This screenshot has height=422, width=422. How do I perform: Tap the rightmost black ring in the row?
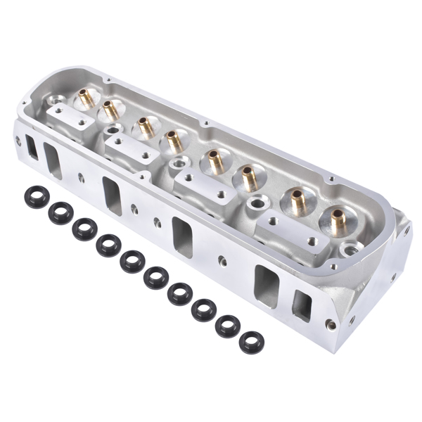250,342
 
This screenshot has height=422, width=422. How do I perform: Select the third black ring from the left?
84,228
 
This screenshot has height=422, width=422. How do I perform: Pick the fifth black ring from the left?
132,261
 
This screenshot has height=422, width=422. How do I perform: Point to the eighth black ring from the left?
204,308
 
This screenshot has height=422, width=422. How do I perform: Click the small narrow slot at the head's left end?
32,146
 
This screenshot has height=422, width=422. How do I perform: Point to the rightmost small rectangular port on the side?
302,305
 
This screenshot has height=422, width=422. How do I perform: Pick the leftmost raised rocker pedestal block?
65,115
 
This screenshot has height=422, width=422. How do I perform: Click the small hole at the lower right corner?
331,326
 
